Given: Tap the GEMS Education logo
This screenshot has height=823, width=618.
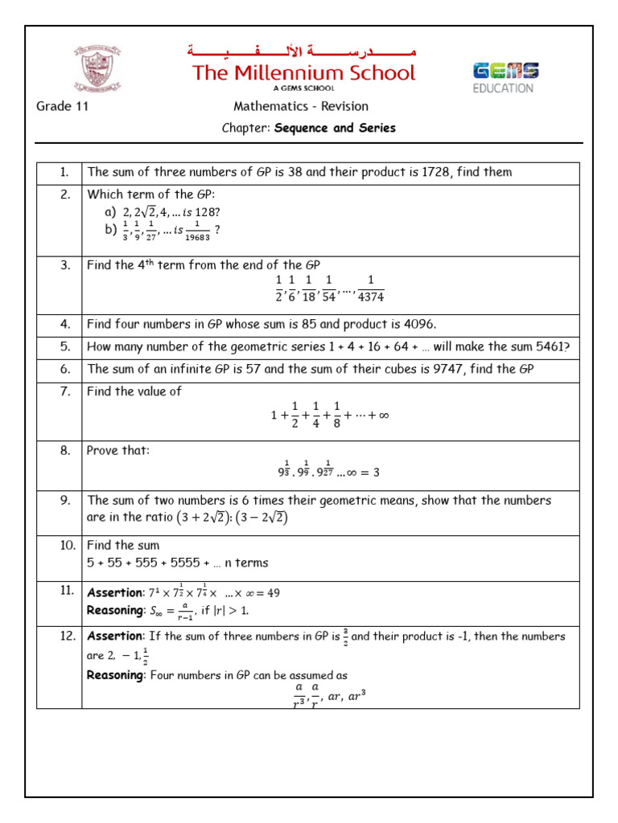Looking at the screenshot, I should pos(505,77).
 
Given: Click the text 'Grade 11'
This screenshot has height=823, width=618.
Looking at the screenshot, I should pos(62,107).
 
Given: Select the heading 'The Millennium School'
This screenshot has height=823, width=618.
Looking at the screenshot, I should pos(303,73).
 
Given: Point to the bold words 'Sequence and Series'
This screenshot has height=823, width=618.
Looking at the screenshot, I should pos(335,128).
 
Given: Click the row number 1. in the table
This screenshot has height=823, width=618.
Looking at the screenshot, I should pos(65,172).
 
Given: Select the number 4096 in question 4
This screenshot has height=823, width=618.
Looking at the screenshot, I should pos(419,325).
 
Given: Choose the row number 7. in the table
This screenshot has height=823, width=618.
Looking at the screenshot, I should pos(65,392).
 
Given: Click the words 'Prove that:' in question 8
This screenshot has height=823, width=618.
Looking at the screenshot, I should pos(117,451).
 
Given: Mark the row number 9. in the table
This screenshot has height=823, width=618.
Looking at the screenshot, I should pos(65,501).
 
